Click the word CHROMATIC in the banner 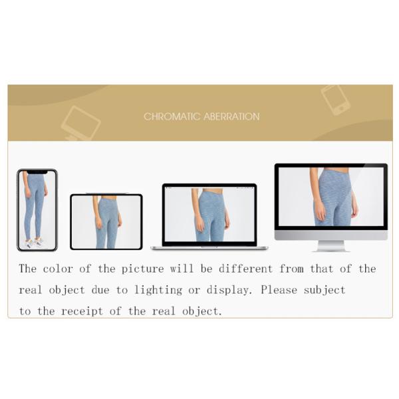[167, 116]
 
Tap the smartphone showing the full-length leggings [37, 209]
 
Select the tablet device [106, 221]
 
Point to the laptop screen [209, 214]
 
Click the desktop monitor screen [331, 196]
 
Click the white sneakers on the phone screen [33, 243]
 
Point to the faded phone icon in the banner [335, 99]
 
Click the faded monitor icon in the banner [80, 124]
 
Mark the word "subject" [326, 290]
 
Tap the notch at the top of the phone [37, 172]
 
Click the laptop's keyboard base [209, 247]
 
